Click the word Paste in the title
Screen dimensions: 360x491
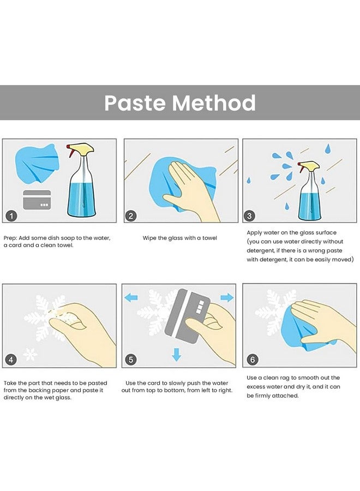click(x=135, y=103)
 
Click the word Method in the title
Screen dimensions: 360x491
click(x=214, y=103)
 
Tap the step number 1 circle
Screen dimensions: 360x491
click(x=11, y=215)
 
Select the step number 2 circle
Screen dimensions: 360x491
click(x=131, y=215)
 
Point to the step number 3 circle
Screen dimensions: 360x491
click(x=249, y=215)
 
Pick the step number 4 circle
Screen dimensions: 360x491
click(x=11, y=360)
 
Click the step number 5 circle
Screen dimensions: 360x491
click(x=131, y=360)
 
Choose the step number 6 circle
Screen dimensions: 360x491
click(x=253, y=360)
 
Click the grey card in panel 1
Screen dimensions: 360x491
click(x=37, y=200)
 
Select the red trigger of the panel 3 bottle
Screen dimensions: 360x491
click(x=302, y=169)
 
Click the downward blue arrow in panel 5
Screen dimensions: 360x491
click(x=177, y=354)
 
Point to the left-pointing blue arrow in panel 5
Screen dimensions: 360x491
click(x=131, y=297)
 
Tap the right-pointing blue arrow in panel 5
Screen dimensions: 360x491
click(x=227, y=297)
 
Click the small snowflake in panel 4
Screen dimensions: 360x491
click(x=31, y=354)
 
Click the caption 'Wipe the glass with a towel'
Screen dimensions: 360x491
click(x=179, y=238)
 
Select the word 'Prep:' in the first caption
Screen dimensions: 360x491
click(x=10, y=238)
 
